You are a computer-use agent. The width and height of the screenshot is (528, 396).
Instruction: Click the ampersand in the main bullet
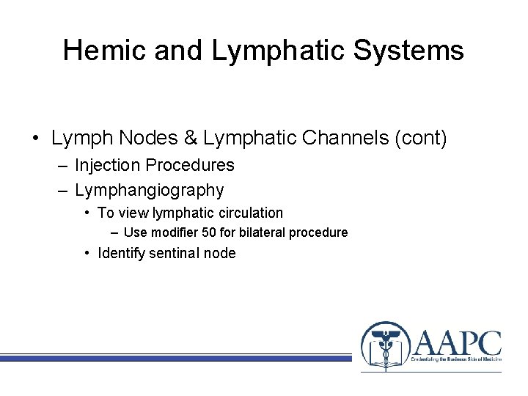point(192,138)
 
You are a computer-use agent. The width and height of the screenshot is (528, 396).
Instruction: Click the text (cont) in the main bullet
point(419,138)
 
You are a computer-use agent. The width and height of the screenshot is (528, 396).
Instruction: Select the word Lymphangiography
point(149,191)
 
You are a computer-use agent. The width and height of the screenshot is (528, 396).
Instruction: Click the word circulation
point(249,213)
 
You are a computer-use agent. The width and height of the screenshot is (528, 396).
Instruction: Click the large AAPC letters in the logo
point(458,343)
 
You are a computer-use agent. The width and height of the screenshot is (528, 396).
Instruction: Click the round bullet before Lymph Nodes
point(35,139)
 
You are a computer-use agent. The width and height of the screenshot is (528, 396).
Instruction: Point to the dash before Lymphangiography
point(63,191)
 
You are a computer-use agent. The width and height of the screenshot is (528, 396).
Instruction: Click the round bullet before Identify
point(87,254)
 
